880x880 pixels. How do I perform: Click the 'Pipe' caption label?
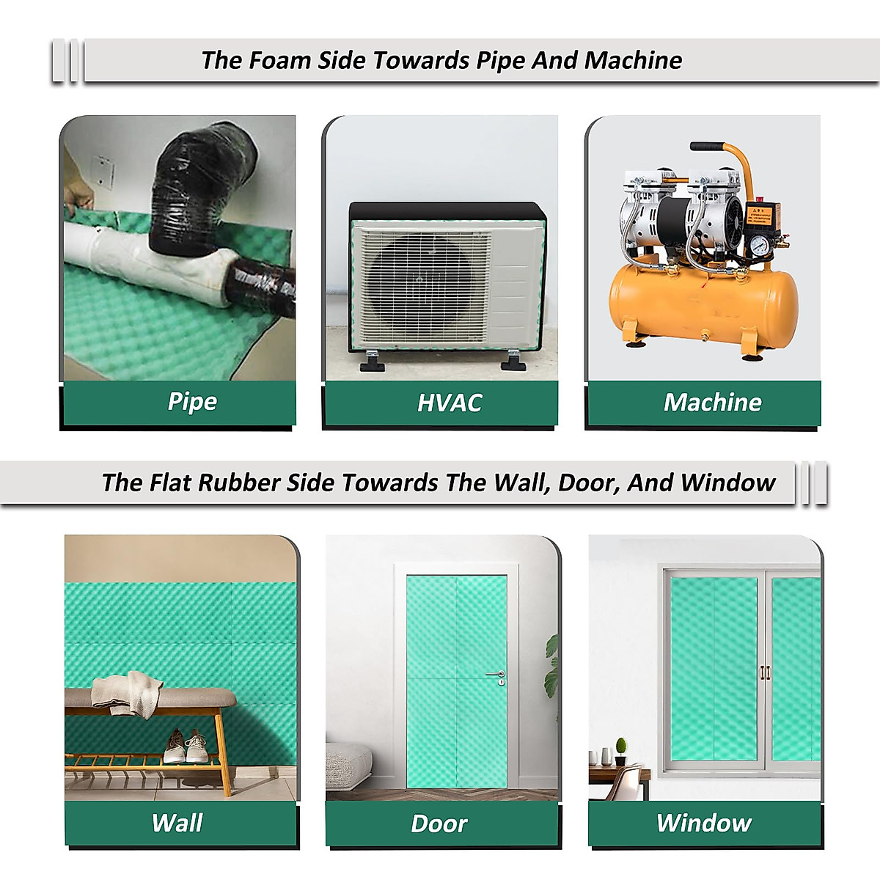(x=192, y=401)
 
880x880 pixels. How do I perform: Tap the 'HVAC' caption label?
(x=449, y=403)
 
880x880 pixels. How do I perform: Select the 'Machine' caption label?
(x=712, y=402)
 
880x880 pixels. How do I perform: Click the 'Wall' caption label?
(x=177, y=823)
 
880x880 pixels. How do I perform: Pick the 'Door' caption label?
(x=439, y=824)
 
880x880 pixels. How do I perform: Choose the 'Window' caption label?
(x=703, y=823)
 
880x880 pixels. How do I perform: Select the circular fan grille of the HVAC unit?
(x=417, y=279)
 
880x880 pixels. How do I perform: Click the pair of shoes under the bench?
(x=185, y=746)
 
